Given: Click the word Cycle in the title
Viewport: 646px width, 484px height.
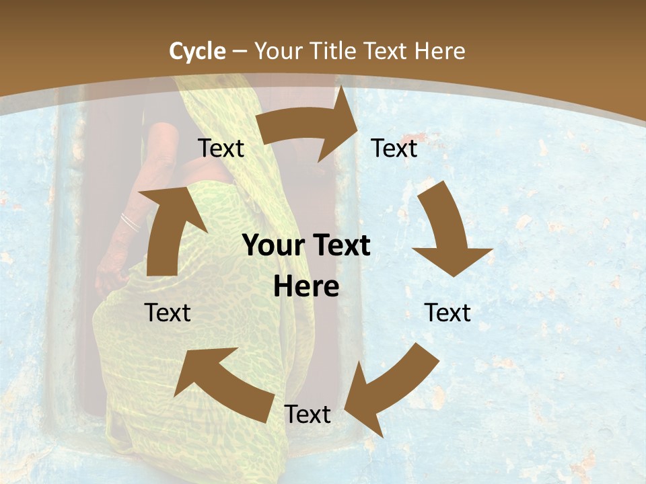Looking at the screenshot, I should tap(197, 51).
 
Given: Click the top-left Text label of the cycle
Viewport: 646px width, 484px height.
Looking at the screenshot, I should tap(221, 148).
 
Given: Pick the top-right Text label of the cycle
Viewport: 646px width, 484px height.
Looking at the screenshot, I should tap(394, 148).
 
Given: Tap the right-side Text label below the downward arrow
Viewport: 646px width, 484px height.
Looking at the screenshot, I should tap(447, 313).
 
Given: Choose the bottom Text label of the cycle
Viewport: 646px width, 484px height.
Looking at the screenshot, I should tap(308, 414).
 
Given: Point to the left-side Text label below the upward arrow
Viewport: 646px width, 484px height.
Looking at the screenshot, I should tap(168, 313).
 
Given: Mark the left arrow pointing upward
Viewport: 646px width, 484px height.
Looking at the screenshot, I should tap(168, 229).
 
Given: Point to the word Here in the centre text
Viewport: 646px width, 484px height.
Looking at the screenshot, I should tap(306, 287).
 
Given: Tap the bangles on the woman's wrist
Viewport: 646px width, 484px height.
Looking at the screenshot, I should tap(129, 223).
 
